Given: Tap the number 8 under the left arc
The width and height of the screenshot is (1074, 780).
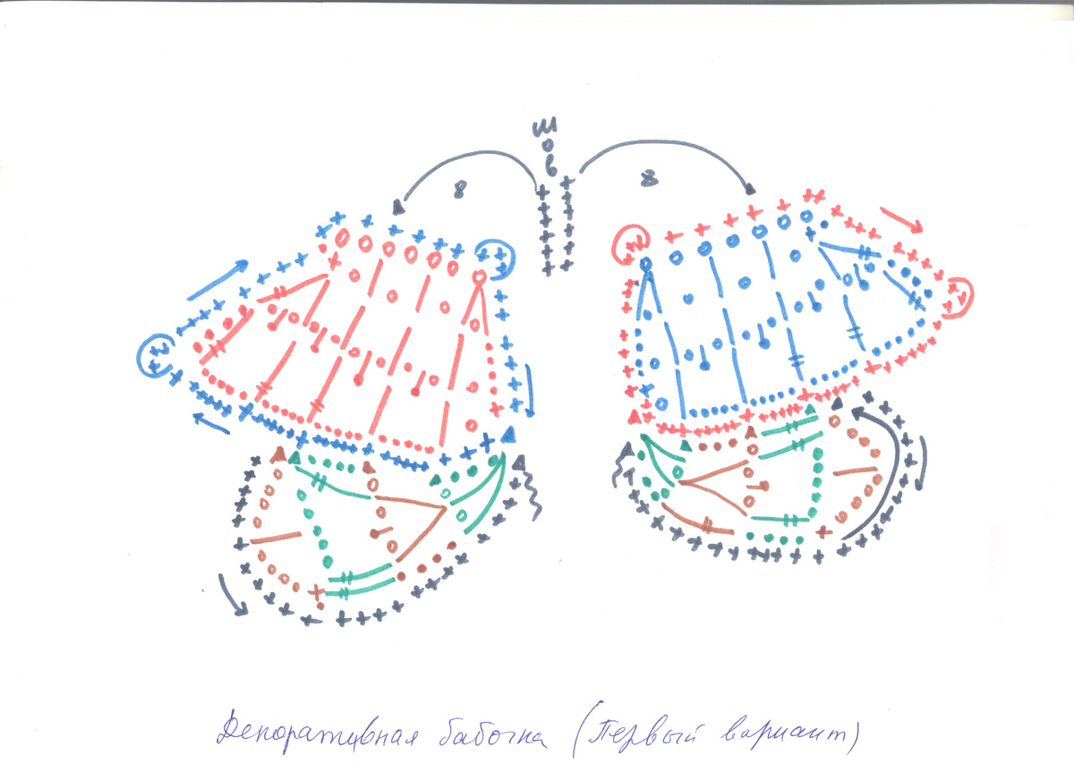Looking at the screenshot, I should [460, 190].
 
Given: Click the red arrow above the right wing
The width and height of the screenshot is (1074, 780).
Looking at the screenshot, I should [899, 218].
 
